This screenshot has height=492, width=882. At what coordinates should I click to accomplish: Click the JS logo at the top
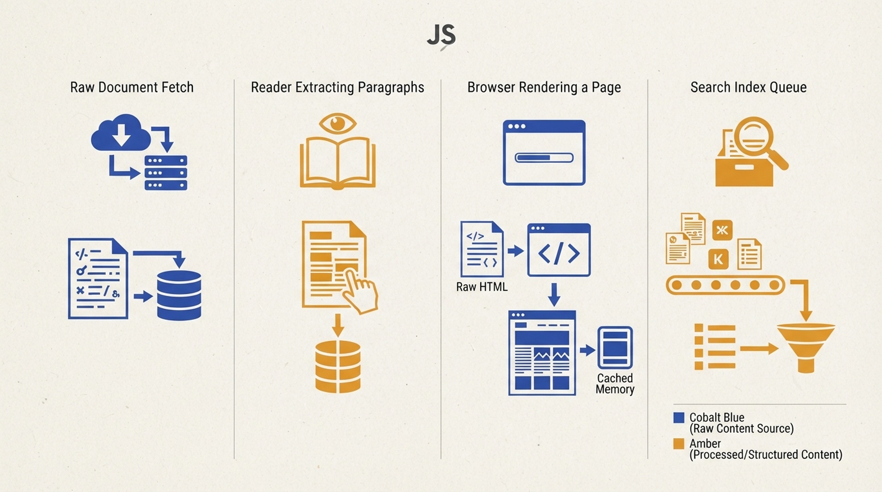click(x=441, y=35)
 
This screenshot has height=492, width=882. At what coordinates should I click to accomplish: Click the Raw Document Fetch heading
click(x=132, y=87)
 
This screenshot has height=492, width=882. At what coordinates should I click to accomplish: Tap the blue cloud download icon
click(x=121, y=133)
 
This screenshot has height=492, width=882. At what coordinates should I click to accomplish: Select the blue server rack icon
click(x=166, y=173)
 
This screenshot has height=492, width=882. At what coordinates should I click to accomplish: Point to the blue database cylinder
click(x=179, y=295)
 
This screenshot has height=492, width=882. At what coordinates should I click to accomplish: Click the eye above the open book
click(x=337, y=123)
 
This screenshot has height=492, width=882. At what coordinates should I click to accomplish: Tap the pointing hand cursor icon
click(x=361, y=291)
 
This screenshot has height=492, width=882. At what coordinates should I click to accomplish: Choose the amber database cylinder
click(x=338, y=366)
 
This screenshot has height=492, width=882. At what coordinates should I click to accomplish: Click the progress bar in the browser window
click(x=544, y=158)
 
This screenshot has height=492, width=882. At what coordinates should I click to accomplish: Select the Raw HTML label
click(x=482, y=287)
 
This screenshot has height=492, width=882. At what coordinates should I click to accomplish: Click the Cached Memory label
click(x=615, y=384)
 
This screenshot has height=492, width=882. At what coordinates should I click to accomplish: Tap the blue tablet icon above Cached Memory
click(x=615, y=347)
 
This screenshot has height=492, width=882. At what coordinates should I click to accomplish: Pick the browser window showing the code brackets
click(x=559, y=250)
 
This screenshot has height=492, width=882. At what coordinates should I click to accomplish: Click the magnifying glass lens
click(x=753, y=137)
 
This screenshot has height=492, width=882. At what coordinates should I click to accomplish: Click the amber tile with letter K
click(x=718, y=259)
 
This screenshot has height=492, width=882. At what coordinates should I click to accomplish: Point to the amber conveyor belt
click(x=725, y=285)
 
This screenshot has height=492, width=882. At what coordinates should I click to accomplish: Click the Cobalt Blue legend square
click(x=679, y=418)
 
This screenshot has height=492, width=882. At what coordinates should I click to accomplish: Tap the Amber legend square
click(x=679, y=444)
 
